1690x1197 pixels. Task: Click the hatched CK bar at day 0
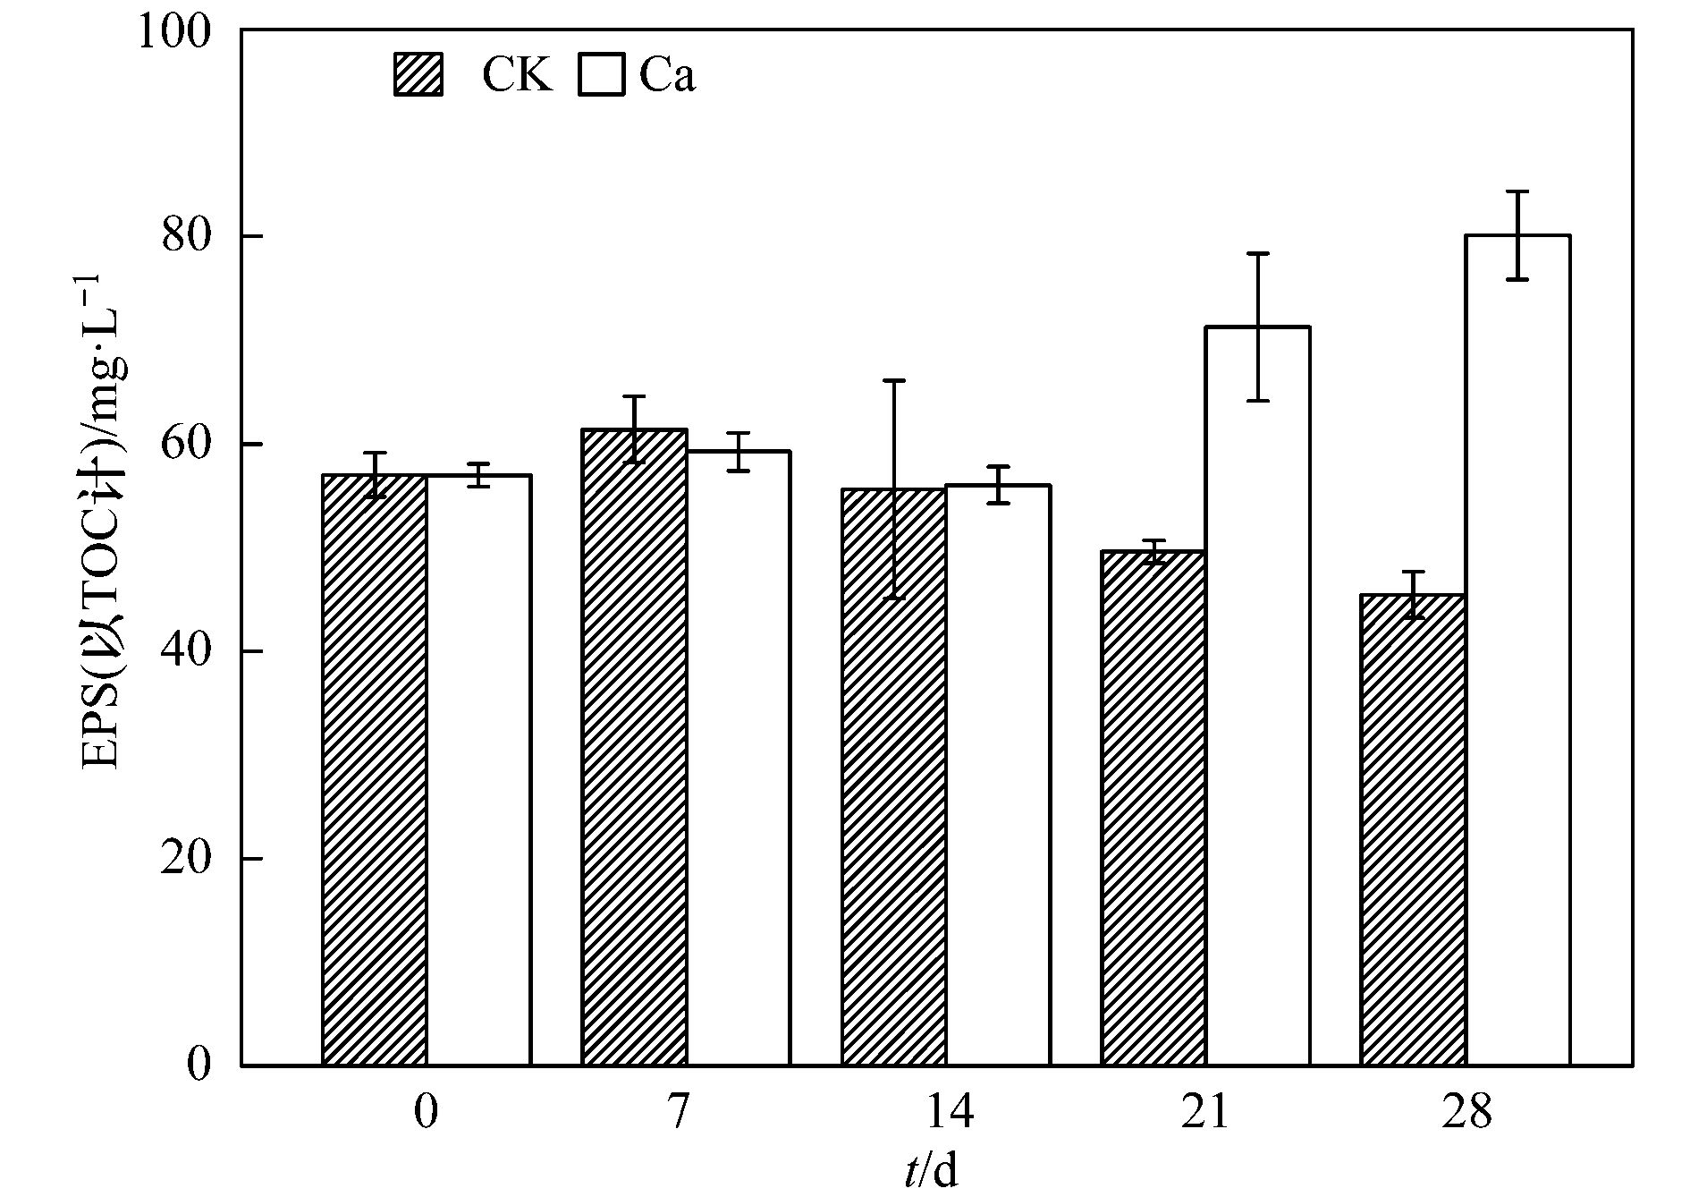[374, 769]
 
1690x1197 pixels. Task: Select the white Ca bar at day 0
[478, 769]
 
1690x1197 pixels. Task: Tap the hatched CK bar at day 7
[634, 747]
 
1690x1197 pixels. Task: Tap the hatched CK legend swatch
[418, 74]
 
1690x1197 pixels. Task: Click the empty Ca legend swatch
[601, 74]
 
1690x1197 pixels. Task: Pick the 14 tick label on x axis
[948, 1114]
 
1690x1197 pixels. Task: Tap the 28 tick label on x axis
[1466, 1114]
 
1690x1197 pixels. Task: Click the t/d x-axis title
[931, 1172]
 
